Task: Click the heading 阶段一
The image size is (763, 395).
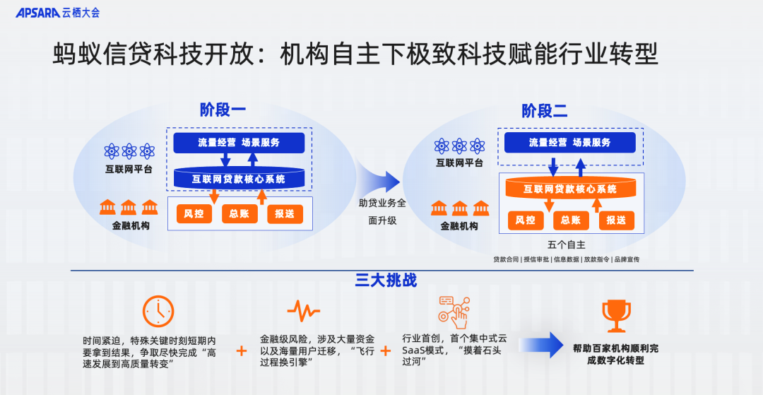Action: pyautogui.click(x=223, y=110)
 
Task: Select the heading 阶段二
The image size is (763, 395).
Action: pyautogui.click(x=545, y=111)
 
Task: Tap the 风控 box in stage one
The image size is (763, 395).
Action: pyautogui.click(x=194, y=213)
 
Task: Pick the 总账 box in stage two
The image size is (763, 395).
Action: pyautogui.click(x=571, y=220)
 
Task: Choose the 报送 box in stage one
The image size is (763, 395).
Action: pyautogui.click(x=285, y=213)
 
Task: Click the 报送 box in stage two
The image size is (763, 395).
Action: pyautogui.click(x=616, y=220)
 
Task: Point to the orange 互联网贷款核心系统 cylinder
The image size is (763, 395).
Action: pyautogui.click(x=570, y=189)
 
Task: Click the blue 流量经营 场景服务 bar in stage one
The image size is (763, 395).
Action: pyautogui.click(x=239, y=143)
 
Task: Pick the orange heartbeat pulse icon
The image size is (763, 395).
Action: pyautogui.click(x=303, y=310)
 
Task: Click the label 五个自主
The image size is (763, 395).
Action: pyautogui.click(x=566, y=245)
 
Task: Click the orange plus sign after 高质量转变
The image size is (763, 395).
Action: pyautogui.click(x=242, y=350)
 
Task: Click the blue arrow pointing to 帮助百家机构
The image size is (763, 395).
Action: pyautogui.click(x=542, y=345)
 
